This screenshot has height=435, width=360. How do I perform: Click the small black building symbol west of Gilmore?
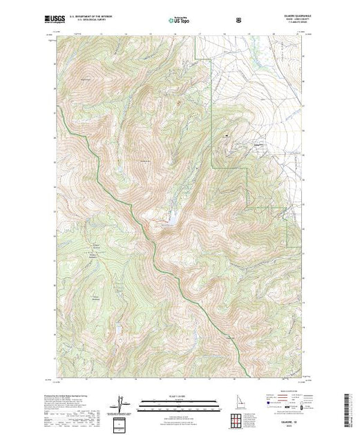[x=223, y=133]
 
